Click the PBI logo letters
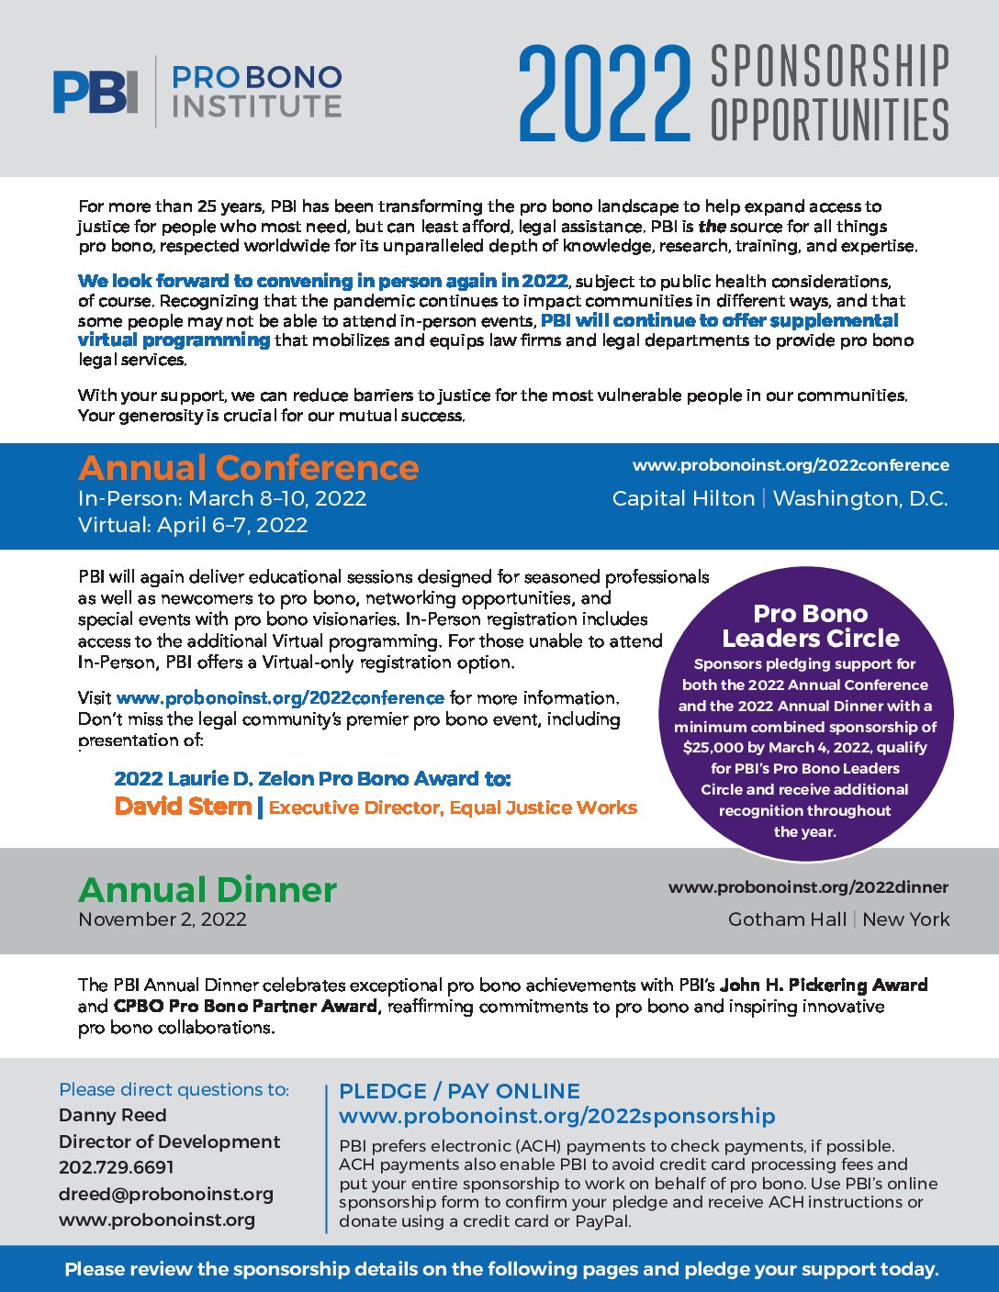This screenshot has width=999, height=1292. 95,92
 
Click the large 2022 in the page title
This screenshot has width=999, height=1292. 603,95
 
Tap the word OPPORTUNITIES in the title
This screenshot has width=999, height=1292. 829,119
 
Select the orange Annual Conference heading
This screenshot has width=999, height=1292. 248,468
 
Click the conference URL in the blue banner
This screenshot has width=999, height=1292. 791,465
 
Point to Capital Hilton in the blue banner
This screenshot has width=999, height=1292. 683,498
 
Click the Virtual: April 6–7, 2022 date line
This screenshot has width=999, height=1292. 193,525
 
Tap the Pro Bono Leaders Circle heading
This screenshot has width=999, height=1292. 810,626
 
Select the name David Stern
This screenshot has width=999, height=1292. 183,807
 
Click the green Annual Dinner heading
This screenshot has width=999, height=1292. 208,890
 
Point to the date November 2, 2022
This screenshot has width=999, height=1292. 163,919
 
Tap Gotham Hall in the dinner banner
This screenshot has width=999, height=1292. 787,919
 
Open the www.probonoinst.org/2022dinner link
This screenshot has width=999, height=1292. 808,887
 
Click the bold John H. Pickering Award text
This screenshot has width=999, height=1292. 823,985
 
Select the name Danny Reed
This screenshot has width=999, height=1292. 113,1115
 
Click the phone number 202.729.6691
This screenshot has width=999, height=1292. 117,1167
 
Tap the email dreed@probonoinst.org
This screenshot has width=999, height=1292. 166,1194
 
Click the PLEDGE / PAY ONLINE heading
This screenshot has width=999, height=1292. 459,1091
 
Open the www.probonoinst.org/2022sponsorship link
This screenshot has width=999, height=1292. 556,1116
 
